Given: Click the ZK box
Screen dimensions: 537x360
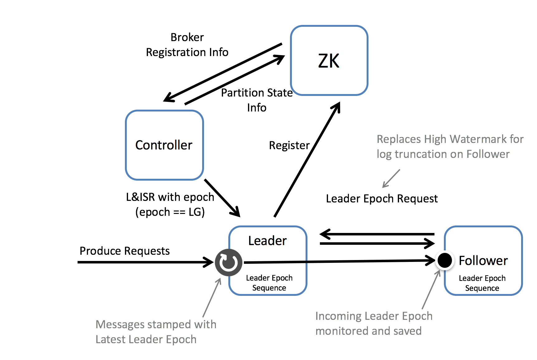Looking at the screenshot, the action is (329, 60).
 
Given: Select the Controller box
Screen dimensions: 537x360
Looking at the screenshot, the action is (164, 145).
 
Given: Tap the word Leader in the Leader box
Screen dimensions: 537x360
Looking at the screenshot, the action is (267, 241).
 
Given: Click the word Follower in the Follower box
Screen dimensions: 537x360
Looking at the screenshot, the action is (483, 261).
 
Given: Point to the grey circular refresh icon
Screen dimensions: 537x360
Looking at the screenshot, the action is (229, 263).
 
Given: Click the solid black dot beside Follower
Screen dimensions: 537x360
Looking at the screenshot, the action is (444, 260).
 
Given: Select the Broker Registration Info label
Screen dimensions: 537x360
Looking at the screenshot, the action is (187, 45).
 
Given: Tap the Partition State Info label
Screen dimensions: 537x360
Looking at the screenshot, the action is (257, 100).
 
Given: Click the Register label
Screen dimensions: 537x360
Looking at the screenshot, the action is (289, 145).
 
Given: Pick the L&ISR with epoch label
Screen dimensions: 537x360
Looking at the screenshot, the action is (170, 204).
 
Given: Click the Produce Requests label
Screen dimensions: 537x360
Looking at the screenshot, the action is (125, 251).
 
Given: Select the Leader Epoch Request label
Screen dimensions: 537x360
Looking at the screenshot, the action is (382, 198).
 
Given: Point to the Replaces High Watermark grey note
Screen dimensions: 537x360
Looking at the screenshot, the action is (450, 146).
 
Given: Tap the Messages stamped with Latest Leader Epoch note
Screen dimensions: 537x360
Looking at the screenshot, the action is (156, 332).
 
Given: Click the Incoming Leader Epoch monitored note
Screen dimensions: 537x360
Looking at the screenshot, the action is (374, 323).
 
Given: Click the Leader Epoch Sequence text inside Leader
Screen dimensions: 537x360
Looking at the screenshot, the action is (269, 283).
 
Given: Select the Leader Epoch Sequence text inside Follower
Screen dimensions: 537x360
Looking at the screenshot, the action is (482, 283).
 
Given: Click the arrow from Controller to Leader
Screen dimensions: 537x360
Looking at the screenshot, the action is (222, 198).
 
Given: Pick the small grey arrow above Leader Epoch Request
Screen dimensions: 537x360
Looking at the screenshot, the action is (391, 178).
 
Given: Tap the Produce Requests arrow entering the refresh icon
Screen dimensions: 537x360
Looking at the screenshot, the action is (145, 262).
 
